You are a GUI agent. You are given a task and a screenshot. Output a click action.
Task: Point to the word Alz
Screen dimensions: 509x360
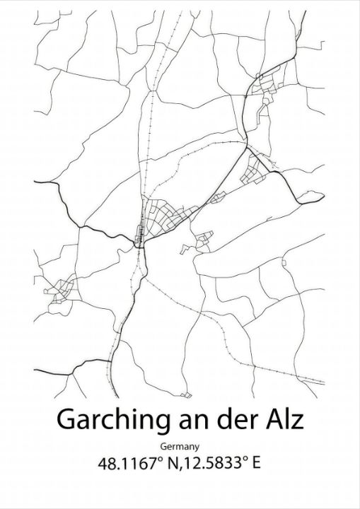coord(284,420)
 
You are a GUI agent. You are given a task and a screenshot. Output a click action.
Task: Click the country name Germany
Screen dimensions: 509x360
coord(180,447)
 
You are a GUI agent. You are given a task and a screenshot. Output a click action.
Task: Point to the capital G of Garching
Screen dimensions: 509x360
coord(66,420)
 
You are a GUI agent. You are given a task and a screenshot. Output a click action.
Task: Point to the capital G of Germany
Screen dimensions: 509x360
coord(163,447)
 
